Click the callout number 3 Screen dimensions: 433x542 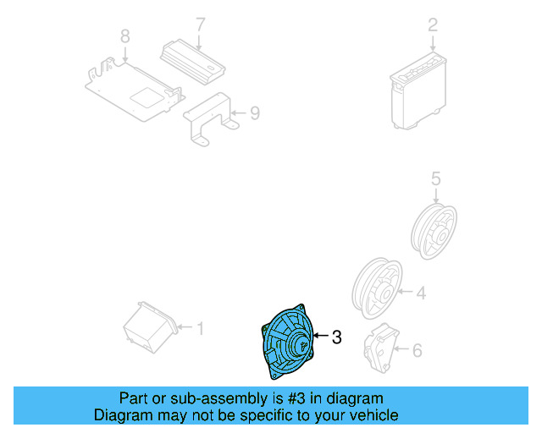pyautogui.click(x=336, y=337)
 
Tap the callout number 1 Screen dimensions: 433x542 pyautogui.click(x=201, y=327)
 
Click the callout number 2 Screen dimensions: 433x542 pyautogui.click(x=432, y=25)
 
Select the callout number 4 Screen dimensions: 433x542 pyautogui.click(x=420, y=293)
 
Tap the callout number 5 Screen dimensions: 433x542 pyautogui.click(x=435, y=178)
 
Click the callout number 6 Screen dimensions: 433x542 pyautogui.click(x=417, y=348)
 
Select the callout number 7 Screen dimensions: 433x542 pyautogui.click(x=200, y=25)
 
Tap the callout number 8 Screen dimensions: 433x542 pyautogui.click(x=124, y=36)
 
